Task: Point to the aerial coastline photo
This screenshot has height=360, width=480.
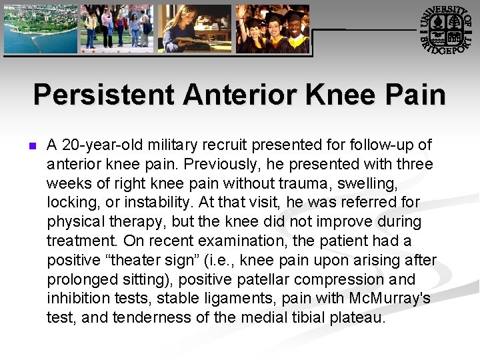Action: coord(39,29)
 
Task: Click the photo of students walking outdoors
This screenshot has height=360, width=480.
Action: coord(117,29)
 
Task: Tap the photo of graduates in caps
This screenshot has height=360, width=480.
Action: coord(273,29)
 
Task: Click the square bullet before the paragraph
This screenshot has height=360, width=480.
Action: coord(28,145)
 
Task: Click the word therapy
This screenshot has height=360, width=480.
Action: coord(135,221)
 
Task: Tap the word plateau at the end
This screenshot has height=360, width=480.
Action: coord(357,318)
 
